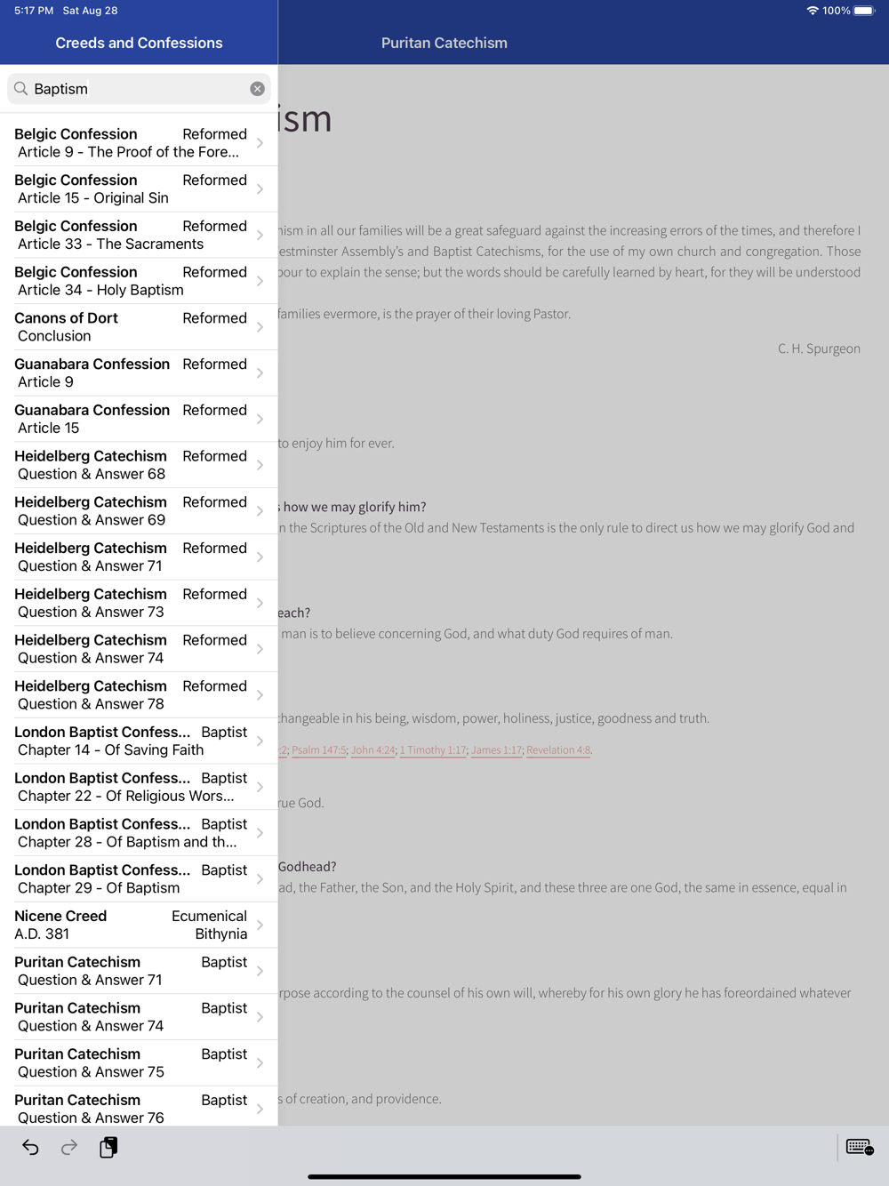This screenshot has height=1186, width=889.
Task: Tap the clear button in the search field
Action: [257, 89]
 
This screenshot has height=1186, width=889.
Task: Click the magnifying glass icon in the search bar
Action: [21, 89]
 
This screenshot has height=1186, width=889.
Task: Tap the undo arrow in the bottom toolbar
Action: [30, 1148]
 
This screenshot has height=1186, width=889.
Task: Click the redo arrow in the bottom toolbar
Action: [69, 1148]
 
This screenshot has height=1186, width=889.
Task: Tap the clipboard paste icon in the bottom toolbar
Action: [108, 1148]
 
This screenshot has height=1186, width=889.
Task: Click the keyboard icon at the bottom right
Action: [859, 1148]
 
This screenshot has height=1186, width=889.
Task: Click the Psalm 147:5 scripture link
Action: [318, 750]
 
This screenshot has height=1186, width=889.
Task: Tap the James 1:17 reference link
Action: [496, 750]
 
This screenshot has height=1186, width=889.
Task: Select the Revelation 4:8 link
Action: [558, 750]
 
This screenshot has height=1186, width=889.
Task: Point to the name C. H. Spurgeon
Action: [819, 349]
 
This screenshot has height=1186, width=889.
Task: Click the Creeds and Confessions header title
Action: [139, 43]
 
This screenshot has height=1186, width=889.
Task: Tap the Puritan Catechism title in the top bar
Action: [444, 43]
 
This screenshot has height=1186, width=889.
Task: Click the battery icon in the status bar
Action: [864, 11]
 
